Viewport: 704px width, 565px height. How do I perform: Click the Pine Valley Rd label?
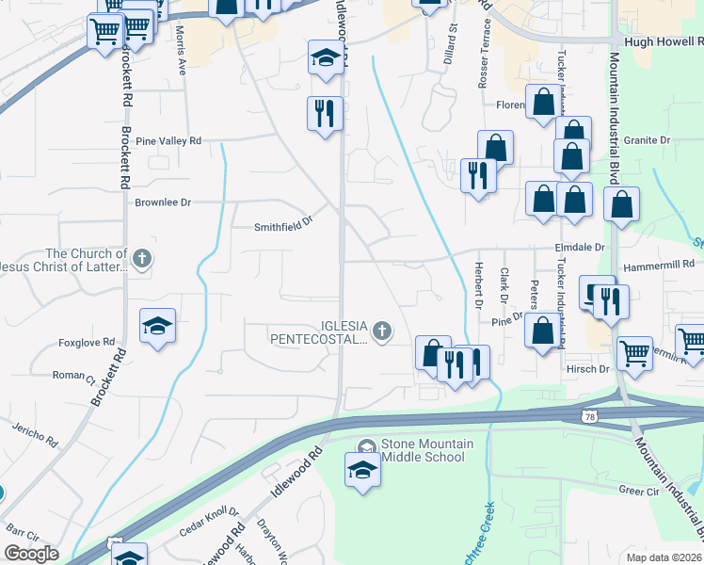click(168, 141)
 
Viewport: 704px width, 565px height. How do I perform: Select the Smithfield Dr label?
click(282, 227)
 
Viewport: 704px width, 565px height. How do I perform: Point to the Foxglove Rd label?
click(86, 343)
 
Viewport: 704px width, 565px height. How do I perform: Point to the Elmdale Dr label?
click(579, 248)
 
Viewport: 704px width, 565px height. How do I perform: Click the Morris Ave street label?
click(181, 57)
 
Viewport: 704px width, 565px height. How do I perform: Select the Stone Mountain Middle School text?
click(423, 451)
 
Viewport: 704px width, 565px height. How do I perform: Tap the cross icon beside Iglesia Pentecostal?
click(381, 331)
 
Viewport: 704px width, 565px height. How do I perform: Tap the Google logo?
click(31, 554)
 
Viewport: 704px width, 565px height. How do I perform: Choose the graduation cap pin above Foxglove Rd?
click(157, 326)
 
